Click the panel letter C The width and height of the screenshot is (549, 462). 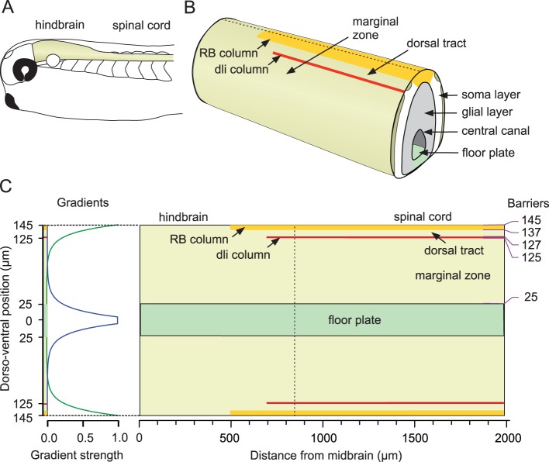click(7, 187)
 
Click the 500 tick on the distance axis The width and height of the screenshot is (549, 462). click(231, 426)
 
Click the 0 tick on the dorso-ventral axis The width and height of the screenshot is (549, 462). click(31, 319)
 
